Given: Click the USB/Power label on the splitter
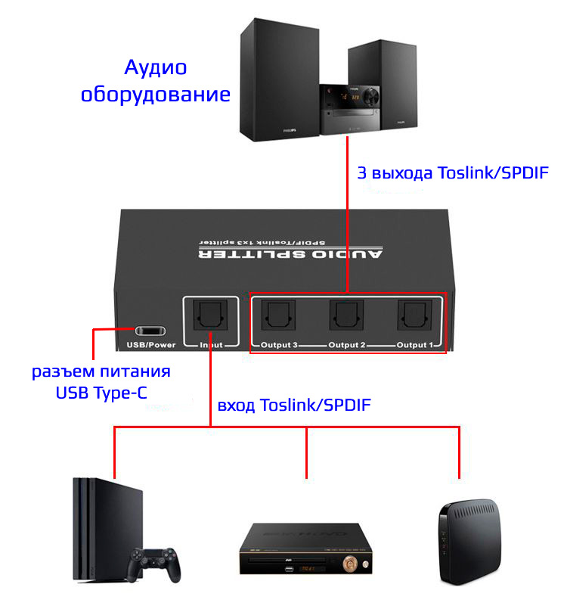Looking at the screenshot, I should pos(151,346).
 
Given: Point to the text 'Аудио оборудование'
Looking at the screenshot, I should pos(155,82).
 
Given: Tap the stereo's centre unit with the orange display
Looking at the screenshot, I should pos(349,110).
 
